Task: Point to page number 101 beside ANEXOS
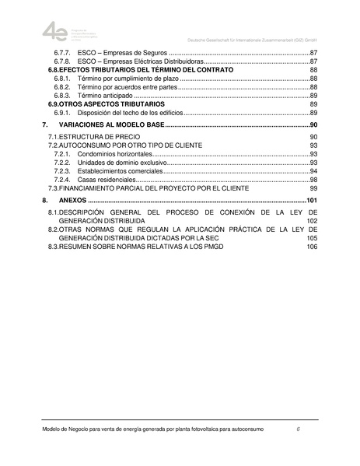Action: (x=312, y=201)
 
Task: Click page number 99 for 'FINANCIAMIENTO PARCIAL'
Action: (x=313, y=188)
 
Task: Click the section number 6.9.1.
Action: (x=63, y=112)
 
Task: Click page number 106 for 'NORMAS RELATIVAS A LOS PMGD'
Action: (x=312, y=247)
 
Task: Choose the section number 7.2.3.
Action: (x=63, y=171)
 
